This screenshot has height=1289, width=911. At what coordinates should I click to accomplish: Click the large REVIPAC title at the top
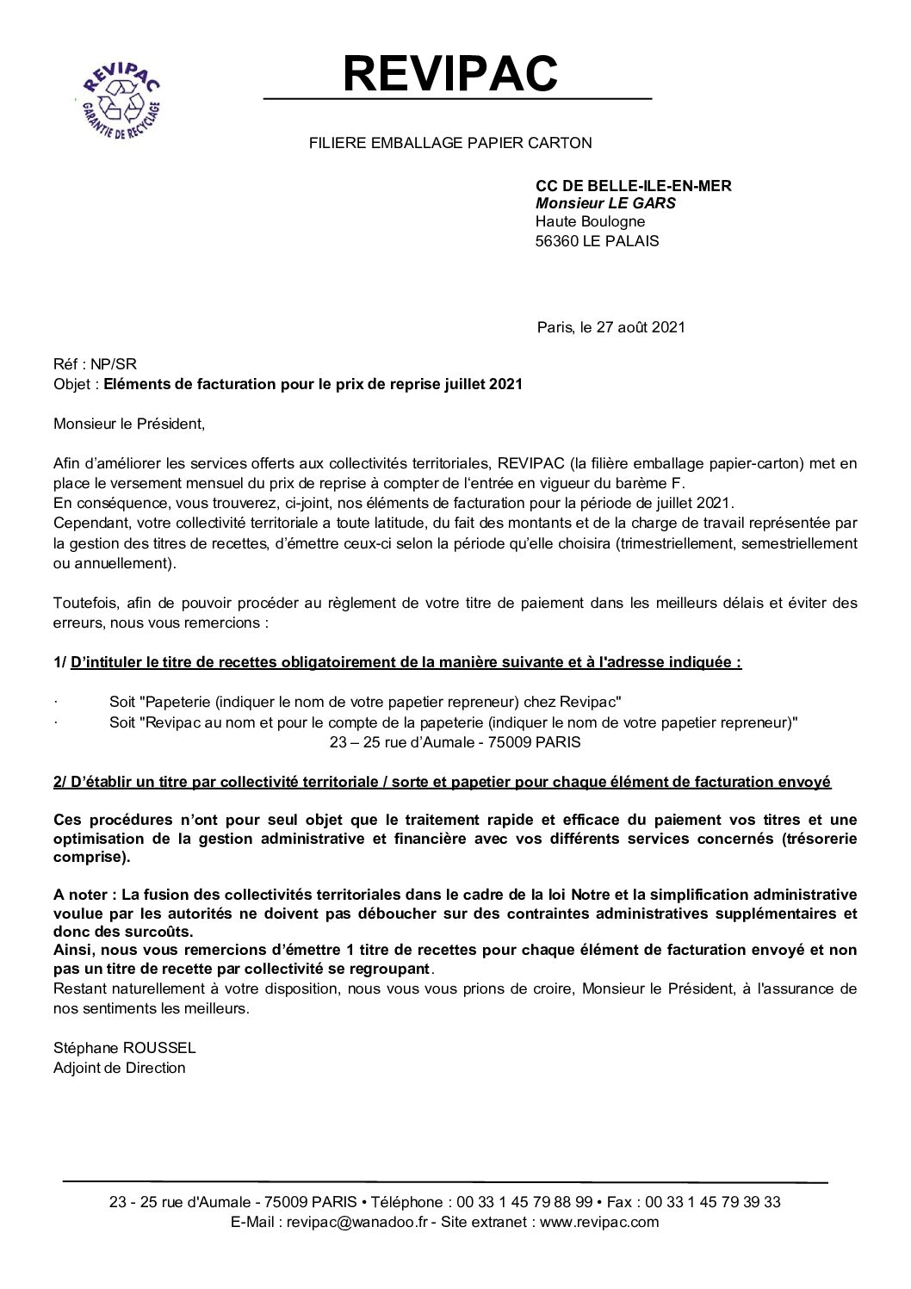[x=451, y=72]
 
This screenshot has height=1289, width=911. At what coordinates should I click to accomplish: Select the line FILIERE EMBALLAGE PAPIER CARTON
[x=450, y=143]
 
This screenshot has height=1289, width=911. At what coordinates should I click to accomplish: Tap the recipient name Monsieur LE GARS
[x=605, y=204]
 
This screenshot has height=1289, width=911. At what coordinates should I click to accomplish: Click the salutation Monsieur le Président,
[x=130, y=424]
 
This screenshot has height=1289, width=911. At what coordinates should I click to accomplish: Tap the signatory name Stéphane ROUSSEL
[x=124, y=1049]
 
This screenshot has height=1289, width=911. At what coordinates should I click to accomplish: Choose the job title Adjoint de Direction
[x=119, y=1068]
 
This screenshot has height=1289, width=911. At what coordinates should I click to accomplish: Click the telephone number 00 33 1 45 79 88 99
[x=525, y=1202]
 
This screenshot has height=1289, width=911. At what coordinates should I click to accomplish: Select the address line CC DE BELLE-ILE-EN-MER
[x=633, y=185]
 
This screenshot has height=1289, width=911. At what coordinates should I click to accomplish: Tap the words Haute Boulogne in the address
[x=590, y=222]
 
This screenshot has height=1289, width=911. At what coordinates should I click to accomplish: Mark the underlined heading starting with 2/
[x=442, y=782]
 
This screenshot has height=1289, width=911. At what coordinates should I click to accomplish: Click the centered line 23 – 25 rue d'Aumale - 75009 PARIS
[x=455, y=741]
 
